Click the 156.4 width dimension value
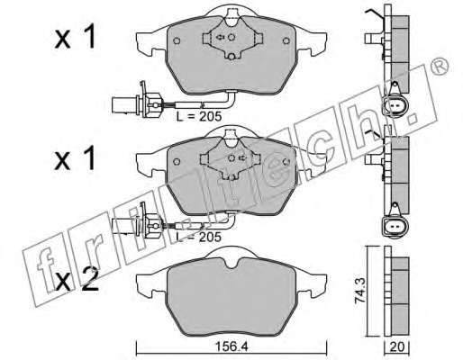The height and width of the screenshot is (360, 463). click(231, 347)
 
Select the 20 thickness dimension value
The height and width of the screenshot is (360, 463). click(397, 347)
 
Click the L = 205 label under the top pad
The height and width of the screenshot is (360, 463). click(199, 116)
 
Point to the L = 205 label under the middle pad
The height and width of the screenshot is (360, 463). click(199, 237)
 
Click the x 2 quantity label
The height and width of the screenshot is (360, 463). click(77, 279)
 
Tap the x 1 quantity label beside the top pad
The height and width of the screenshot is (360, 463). click(75, 37)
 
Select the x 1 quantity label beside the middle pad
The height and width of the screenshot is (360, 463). click(75, 158)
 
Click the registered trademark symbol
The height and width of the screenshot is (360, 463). click(440, 67)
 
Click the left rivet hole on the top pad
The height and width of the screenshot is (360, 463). click(177, 40)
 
